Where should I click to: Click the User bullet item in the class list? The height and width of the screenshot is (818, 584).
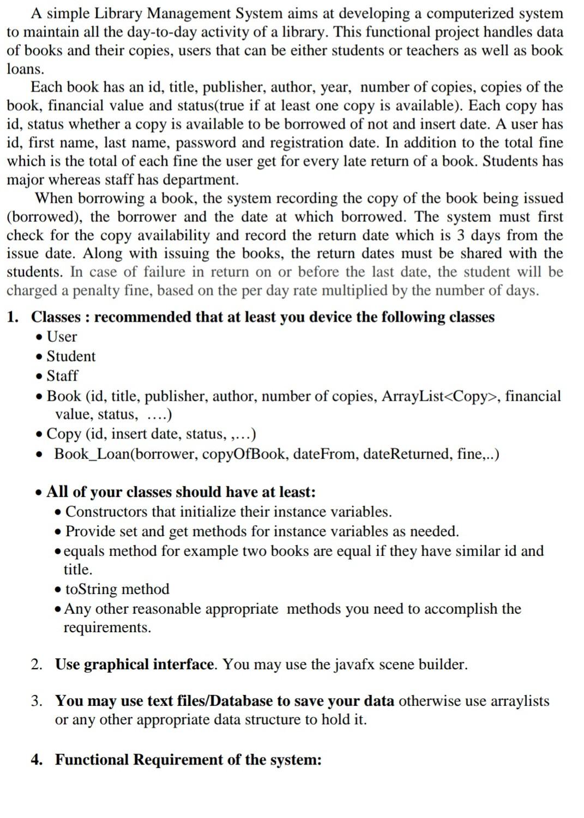62,337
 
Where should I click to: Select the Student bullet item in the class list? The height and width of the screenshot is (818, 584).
71,356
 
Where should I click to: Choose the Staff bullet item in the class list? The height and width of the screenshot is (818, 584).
62,376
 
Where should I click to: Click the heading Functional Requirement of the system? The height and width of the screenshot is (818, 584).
188,760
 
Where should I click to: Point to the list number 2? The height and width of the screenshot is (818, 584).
35,665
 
